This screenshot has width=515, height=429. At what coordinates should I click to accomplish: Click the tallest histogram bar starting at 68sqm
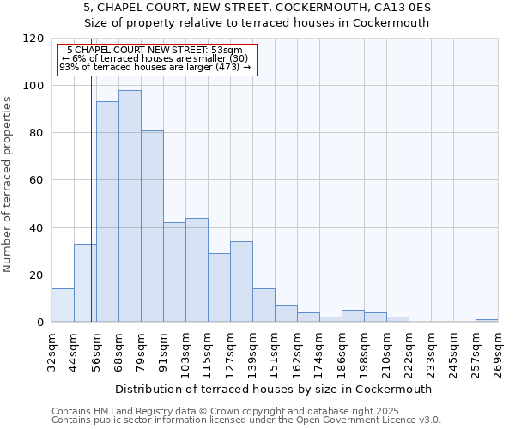(x=130, y=206)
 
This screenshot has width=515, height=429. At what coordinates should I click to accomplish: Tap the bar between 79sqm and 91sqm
(x=152, y=227)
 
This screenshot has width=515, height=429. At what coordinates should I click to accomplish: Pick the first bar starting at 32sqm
(x=63, y=305)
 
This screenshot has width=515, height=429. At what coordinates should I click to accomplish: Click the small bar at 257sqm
(x=487, y=320)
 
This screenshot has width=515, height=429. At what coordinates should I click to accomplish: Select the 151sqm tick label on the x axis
(x=275, y=351)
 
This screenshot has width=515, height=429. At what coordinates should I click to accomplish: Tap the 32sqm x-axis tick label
(x=51, y=351)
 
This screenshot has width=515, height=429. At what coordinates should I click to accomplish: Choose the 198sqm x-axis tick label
(x=364, y=351)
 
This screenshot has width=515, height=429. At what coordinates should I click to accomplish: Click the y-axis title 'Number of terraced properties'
(x=8, y=184)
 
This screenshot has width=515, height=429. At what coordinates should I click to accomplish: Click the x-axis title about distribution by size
(x=273, y=389)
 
